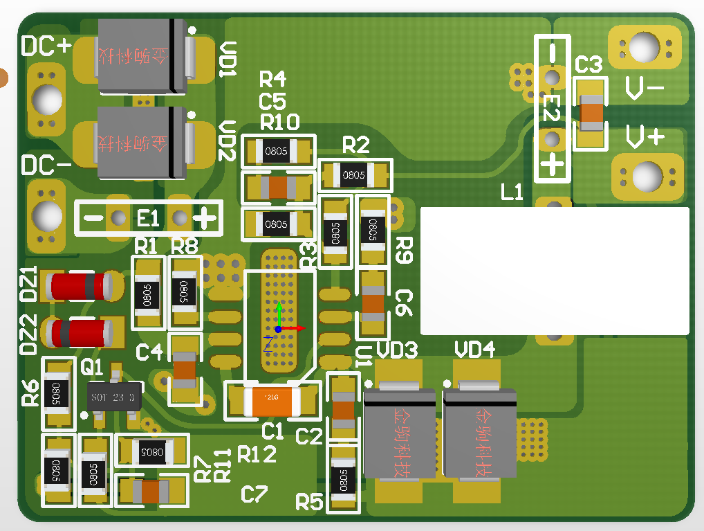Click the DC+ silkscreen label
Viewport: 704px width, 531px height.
point(46,46)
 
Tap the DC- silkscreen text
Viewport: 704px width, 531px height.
point(46,166)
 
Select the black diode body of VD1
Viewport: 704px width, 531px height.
point(142,56)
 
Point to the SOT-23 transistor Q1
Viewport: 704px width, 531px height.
point(114,397)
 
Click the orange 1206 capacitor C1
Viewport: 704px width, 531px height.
point(271,401)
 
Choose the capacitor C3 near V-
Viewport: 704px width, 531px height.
point(591,113)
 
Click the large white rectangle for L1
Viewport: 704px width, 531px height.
point(555,270)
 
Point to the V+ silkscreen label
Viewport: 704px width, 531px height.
point(645,136)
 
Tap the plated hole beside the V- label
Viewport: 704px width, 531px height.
point(644,48)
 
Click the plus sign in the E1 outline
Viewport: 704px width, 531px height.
point(204,219)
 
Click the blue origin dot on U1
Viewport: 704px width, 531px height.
point(278,330)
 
